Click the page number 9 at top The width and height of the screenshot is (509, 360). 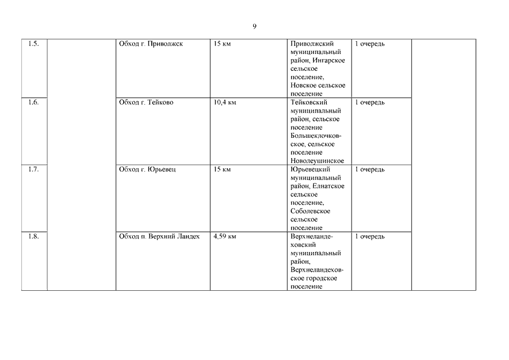(x=254, y=26)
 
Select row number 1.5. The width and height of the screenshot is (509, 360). (x=34, y=44)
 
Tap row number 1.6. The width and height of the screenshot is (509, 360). (x=34, y=103)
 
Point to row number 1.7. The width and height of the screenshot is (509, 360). (x=34, y=169)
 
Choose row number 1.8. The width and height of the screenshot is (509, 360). (x=34, y=237)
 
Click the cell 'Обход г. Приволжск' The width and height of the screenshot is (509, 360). (x=151, y=44)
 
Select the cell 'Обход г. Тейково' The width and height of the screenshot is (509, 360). (x=146, y=103)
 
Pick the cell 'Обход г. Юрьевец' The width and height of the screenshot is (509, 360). (x=147, y=169)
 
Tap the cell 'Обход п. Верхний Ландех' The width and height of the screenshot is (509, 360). (x=159, y=237)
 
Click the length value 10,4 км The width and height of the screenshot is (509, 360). (x=225, y=103)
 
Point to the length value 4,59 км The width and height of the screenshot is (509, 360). (x=225, y=237)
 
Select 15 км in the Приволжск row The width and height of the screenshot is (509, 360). (x=222, y=44)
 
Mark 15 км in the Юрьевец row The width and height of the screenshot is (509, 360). (x=222, y=169)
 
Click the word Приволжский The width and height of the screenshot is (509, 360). (x=312, y=44)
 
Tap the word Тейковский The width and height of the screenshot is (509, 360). (x=309, y=103)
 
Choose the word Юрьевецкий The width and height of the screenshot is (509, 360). (x=310, y=169)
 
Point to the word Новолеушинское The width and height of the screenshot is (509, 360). (x=317, y=161)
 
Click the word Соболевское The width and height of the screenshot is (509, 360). (x=310, y=211)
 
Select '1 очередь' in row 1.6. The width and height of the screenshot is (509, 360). (x=370, y=103)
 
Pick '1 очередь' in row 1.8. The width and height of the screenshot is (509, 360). (x=370, y=237)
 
